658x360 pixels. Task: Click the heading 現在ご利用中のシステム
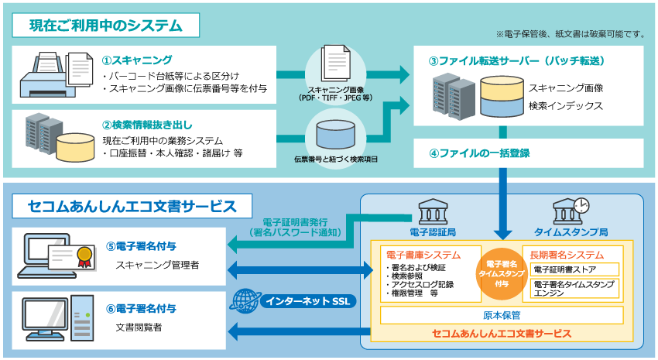(106, 26)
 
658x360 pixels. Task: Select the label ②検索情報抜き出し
(147, 124)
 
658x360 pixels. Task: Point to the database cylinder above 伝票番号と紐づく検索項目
(334, 133)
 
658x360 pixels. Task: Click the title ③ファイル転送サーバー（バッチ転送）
(516, 60)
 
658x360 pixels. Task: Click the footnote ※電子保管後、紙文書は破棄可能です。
(571, 34)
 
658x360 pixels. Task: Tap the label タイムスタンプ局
(571, 231)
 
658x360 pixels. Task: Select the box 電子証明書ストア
(574, 269)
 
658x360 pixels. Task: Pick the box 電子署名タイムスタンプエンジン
(574, 289)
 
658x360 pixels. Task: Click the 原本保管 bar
(502, 315)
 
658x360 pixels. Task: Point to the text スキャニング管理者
(157, 265)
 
